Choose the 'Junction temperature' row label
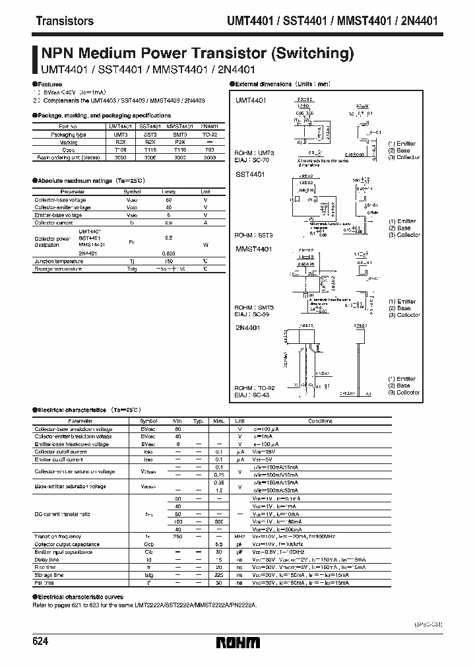[x=59, y=261]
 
